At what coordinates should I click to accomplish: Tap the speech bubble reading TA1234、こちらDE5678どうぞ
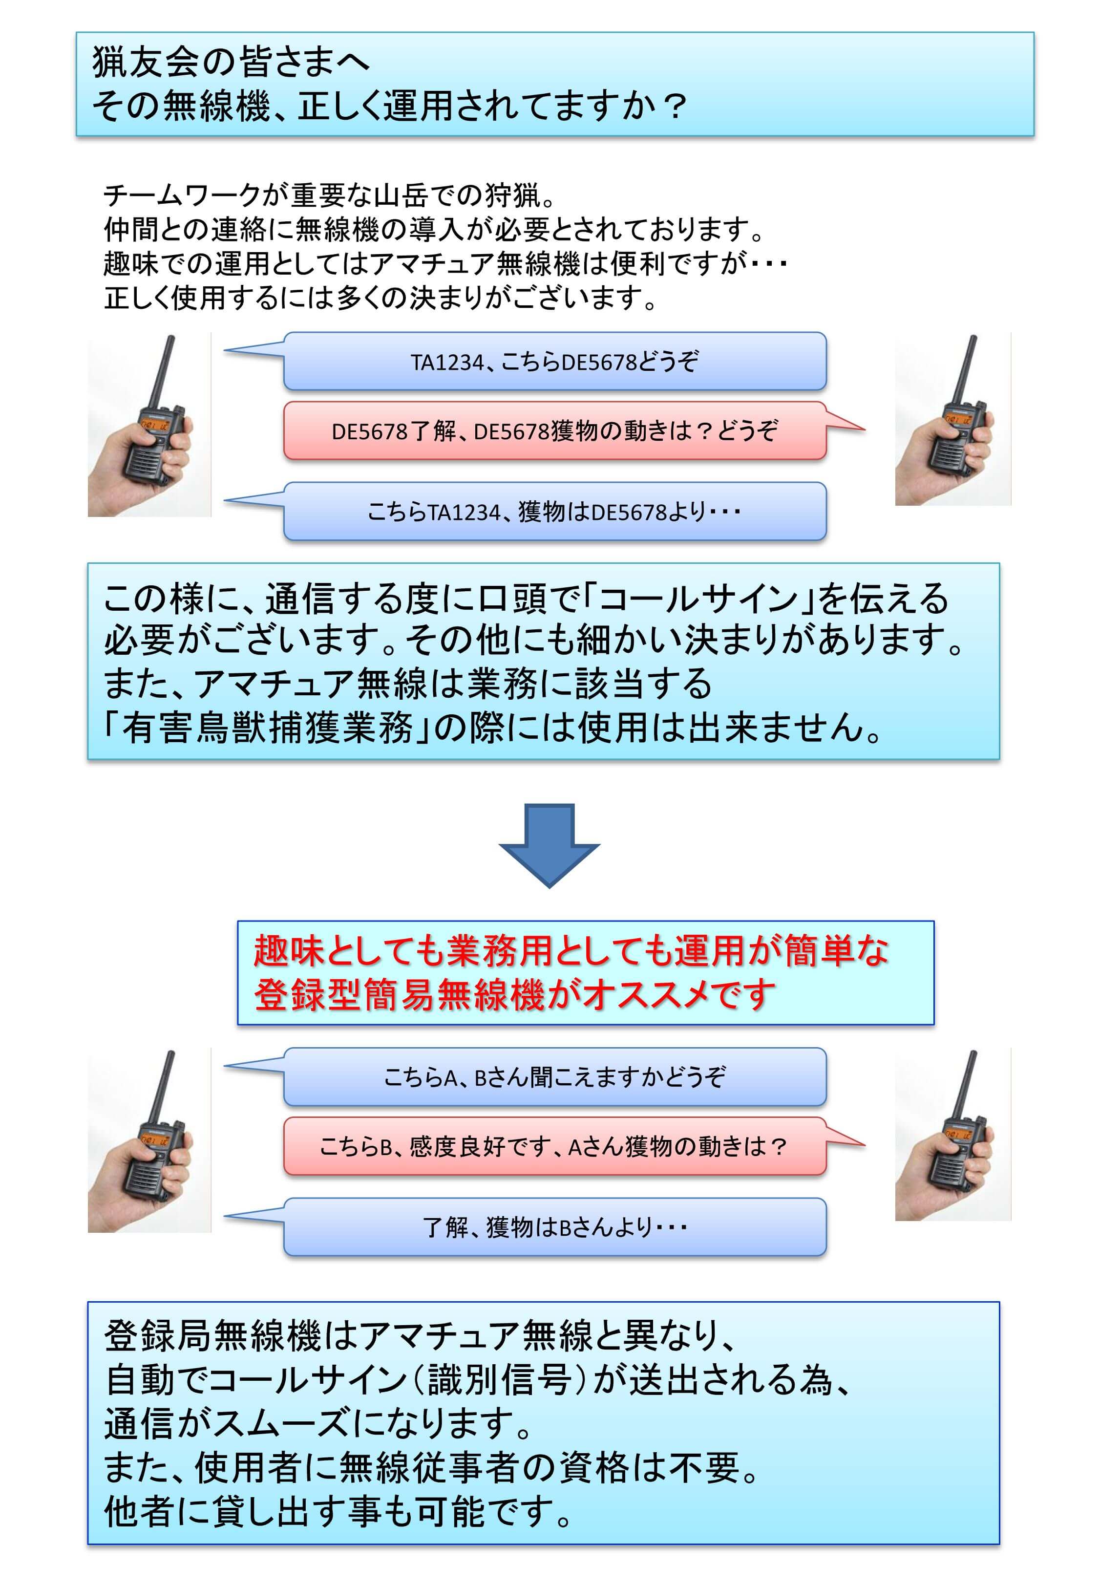point(554,361)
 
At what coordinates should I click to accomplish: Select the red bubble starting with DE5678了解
point(554,431)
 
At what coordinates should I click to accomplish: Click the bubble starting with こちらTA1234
point(554,511)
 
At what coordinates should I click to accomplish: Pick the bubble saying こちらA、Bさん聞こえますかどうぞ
point(554,1076)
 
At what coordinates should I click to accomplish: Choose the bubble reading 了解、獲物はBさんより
point(554,1226)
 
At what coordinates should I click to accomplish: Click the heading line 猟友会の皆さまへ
point(232,62)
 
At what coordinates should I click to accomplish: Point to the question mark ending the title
point(676,106)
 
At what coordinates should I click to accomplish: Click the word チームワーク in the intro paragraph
point(182,196)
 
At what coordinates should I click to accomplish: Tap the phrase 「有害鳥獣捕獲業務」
point(268,727)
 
